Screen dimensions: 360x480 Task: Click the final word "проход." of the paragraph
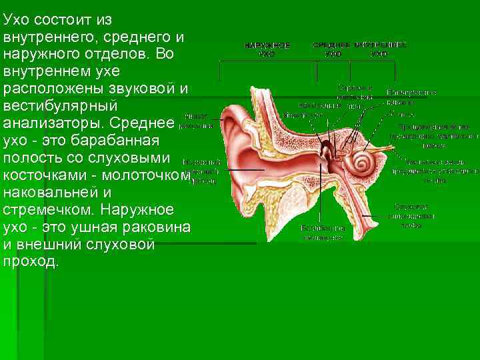(x=31, y=263)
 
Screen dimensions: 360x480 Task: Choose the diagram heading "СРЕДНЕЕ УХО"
(x=332, y=49)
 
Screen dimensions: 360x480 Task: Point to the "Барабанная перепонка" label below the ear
(x=322, y=232)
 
